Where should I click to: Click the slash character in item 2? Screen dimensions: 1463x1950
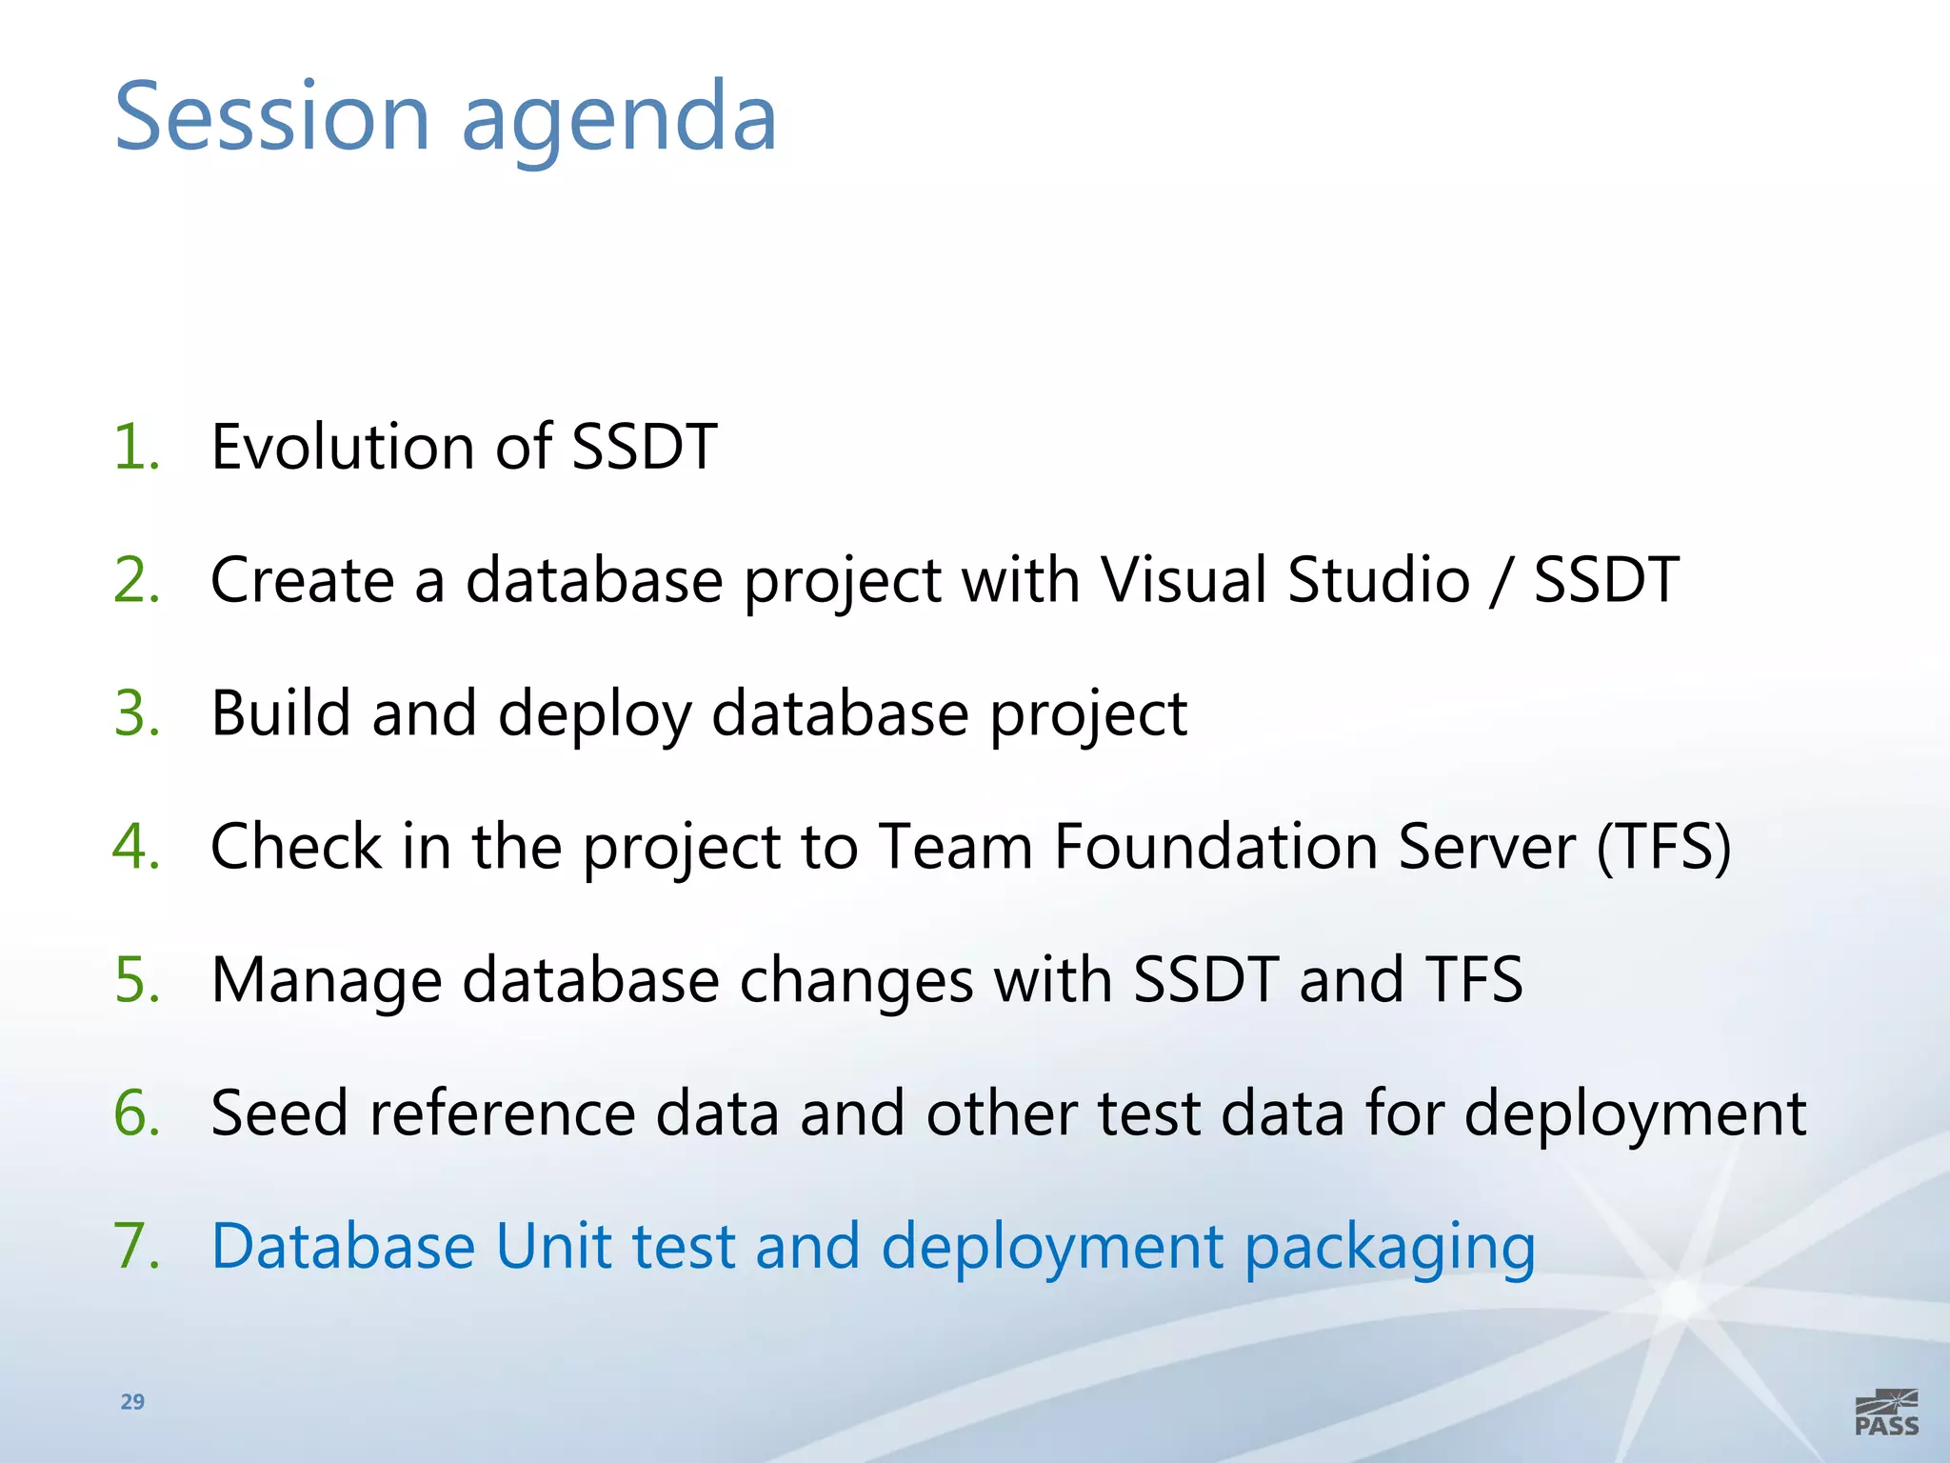tap(1502, 581)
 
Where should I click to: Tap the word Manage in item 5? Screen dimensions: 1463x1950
tap(327, 981)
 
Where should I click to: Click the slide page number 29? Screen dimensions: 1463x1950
tap(132, 1401)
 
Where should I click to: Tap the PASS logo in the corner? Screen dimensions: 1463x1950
tap(1886, 1413)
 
